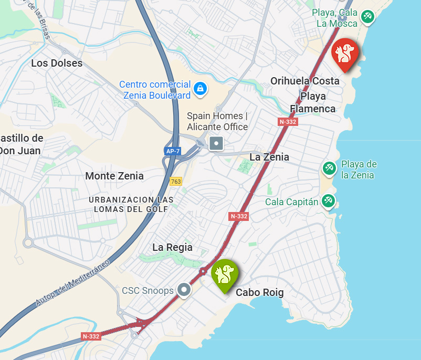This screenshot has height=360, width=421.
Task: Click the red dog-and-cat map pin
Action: (x=345, y=53)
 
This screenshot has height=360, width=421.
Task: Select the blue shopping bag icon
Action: (x=200, y=89)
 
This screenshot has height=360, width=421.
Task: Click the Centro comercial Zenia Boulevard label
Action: (x=155, y=90)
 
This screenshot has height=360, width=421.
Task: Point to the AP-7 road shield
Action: (x=172, y=151)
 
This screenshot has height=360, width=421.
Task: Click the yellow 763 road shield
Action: (x=176, y=182)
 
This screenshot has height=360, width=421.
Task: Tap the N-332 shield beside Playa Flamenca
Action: (x=288, y=122)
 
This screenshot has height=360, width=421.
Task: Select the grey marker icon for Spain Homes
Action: (x=216, y=143)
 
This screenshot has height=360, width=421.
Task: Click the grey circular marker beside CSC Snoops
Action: (x=184, y=289)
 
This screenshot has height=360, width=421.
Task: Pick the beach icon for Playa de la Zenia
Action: (x=329, y=168)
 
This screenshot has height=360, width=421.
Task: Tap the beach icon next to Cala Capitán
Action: (x=329, y=201)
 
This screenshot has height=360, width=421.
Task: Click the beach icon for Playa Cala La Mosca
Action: (x=367, y=17)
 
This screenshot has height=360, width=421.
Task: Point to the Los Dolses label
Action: (x=57, y=63)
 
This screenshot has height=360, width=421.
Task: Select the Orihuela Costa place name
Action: (x=304, y=81)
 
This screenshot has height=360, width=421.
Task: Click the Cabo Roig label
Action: (x=259, y=293)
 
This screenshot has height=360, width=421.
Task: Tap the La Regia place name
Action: (x=172, y=247)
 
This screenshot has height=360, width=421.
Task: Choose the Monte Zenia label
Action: (x=114, y=176)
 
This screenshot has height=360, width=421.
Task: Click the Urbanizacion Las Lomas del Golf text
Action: (x=131, y=204)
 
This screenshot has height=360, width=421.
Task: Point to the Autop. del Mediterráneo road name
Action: (x=73, y=282)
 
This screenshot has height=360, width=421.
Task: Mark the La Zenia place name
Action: (x=269, y=157)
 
